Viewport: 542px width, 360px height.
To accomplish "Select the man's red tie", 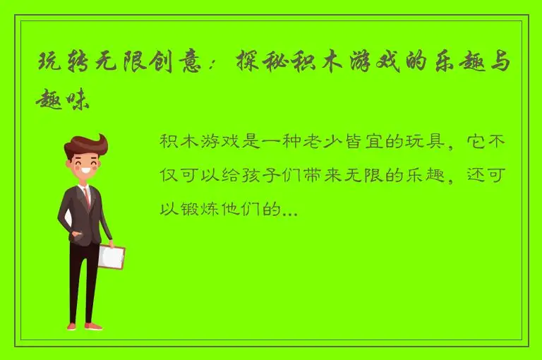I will click(x=88, y=197).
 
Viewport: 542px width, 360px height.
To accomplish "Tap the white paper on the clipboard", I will click(x=111, y=258).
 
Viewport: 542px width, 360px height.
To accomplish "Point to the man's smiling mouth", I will click(x=88, y=172).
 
